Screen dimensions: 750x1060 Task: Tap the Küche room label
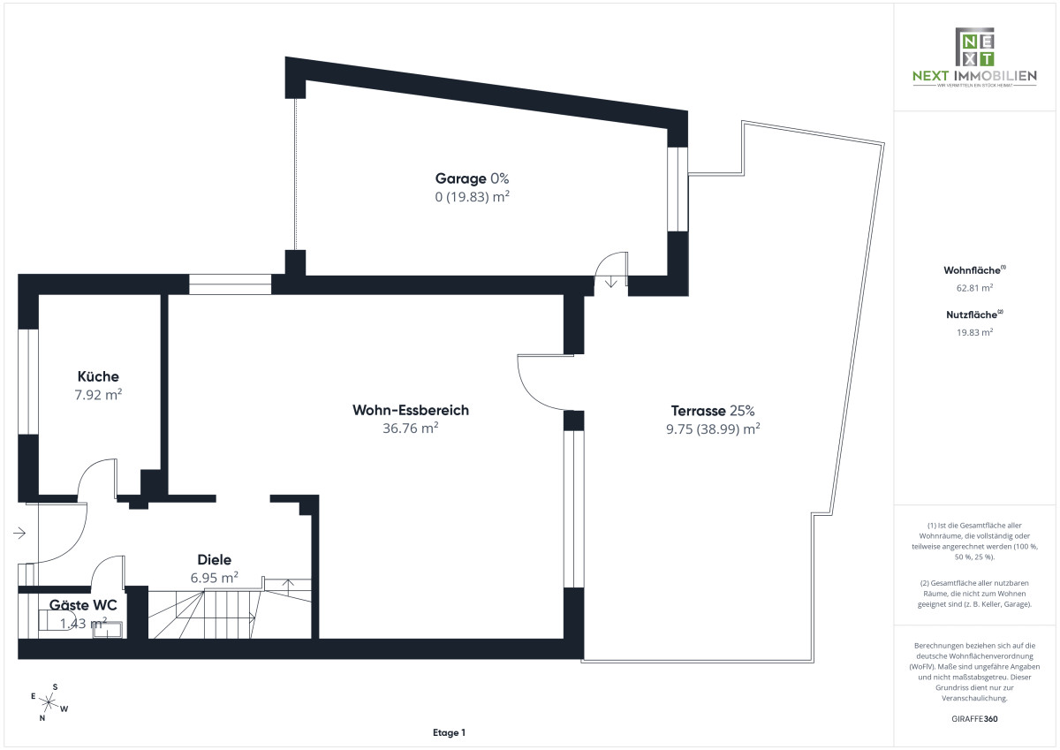coord(98,376)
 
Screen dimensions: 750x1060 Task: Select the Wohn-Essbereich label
coord(410,410)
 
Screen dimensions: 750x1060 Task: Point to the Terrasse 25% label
coord(713,410)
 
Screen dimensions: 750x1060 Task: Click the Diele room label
coord(214,559)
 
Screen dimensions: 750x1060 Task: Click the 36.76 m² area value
coord(410,428)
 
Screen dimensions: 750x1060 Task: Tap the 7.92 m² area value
coord(98,395)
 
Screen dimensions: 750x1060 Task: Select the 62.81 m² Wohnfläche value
coord(974,288)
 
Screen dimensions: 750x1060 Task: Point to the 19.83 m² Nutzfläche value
coord(974,332)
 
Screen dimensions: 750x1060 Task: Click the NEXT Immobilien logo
coord(974,57)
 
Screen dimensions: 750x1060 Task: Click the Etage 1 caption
coord(449,732)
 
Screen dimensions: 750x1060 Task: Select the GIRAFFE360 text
coord(974,719)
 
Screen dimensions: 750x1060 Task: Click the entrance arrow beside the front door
coord(20,533)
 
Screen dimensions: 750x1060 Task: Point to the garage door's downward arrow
coord(611,282)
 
